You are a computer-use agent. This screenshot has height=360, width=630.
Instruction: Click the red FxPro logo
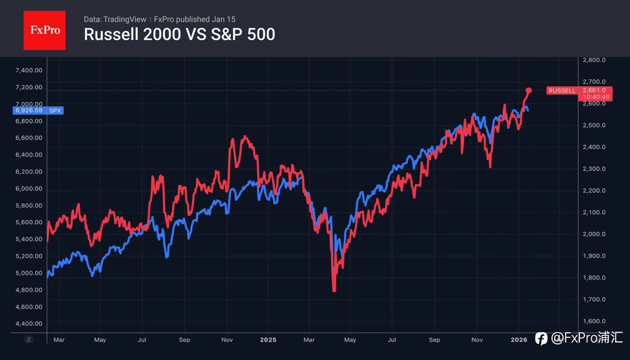tap(44, 30)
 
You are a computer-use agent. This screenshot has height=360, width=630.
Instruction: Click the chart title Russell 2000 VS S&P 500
tap(179, 35)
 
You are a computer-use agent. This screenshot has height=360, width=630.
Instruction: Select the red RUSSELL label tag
tap(562, 90)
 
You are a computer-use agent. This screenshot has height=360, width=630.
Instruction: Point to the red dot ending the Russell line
tap(529, 90)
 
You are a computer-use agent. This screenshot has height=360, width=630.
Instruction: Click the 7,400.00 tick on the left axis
tap(29, 70)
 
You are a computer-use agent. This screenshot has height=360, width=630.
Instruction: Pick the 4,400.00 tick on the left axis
tap(29, 323)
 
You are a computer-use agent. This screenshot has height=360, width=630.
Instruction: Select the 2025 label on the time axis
tap(268, 340)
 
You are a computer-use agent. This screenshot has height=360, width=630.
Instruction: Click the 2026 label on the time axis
tap(519, 340)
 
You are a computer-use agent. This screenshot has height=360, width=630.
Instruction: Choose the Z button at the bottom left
tap(29, 339)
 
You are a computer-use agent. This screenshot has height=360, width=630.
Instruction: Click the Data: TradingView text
tap(115, 19)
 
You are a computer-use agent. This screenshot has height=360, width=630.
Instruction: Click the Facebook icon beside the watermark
tap(541, 339)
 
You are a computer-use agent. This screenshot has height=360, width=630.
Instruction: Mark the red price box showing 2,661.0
tap(594, 90)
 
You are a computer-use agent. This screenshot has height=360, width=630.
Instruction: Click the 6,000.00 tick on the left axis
tap(29, 189)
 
